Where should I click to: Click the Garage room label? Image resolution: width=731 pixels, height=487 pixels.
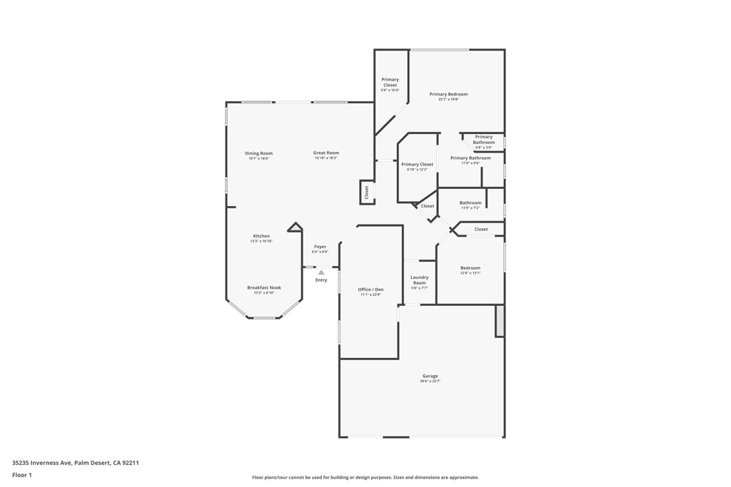[430, 376]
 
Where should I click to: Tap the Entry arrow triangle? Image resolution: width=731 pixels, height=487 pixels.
[321, 272]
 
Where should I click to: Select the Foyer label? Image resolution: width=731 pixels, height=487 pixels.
[320, 247]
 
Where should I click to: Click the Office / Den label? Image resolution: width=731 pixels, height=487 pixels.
[370, 289]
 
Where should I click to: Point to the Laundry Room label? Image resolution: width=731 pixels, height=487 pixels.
[419, 280]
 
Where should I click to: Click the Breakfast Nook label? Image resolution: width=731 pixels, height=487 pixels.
[264, 287]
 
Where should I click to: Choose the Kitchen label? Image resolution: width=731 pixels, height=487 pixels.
[261, 236]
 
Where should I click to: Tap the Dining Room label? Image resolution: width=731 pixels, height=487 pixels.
[258, 153]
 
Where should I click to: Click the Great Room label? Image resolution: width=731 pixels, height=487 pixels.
[326, 153]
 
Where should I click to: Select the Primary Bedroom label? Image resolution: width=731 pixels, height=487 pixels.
[448, 94]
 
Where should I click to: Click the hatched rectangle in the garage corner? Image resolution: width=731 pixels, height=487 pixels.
[500, 321]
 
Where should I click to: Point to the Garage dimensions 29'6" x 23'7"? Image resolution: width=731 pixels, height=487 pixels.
[430, 381]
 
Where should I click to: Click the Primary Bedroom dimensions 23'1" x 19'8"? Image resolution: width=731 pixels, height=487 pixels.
[448, 100]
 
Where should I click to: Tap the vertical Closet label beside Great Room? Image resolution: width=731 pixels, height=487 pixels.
[367, 192]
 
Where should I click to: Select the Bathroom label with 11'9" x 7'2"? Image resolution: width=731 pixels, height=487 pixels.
[470, 203]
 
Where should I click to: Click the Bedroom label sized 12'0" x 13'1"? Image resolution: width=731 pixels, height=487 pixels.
[470, 268]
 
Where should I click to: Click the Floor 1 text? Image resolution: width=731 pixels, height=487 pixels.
[22, 475]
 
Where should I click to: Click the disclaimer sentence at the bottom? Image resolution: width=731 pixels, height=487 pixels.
[365, 478]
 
